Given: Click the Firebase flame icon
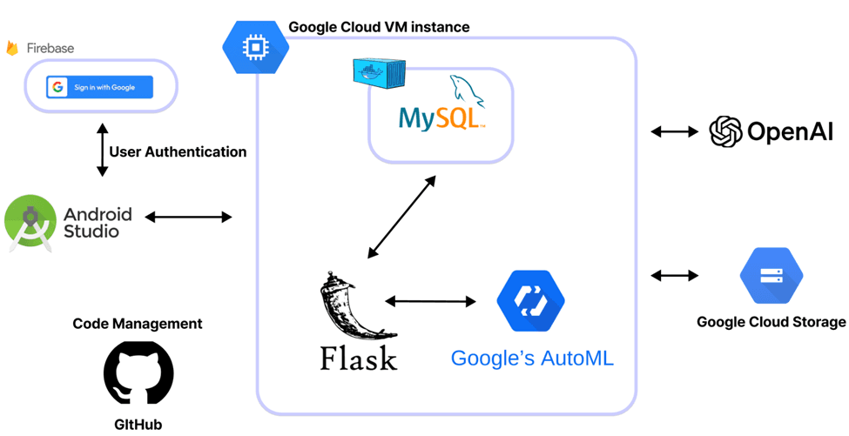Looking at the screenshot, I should [12, 48].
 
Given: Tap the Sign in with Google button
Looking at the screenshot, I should [100, 87].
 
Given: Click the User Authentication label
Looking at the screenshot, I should [178, 151].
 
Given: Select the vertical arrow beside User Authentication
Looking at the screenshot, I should [102, 151].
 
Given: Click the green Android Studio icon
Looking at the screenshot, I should [30, 222].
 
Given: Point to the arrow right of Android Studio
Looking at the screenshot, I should [188, 217].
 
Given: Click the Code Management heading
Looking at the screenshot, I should [138, 324].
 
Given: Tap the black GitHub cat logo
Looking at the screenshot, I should [138, 372].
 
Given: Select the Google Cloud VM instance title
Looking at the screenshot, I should [379, 27].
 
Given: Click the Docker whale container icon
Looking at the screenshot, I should [379, 72].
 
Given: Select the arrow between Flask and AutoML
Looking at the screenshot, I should [430, 301].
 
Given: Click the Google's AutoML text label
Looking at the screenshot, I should [531, 358].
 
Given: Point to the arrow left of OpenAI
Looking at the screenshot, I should [674, 132].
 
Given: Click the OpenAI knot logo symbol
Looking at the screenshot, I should [725, 132].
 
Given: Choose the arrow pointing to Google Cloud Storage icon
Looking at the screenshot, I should [674, 276].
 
